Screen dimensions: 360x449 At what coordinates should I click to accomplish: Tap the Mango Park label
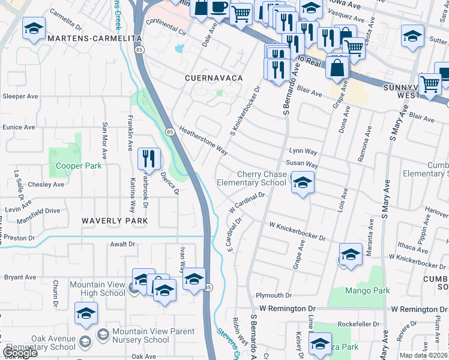(x=367, y=290)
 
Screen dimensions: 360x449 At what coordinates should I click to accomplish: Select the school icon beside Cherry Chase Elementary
(x=303, y=182)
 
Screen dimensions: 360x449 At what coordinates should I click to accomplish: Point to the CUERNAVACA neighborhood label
(x=214, y=79)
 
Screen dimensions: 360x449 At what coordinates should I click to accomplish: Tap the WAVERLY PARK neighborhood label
(x=115, y=221)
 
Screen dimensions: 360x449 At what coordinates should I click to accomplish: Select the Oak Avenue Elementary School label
(x=38, y=343)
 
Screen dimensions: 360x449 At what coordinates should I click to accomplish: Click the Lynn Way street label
(x=303, y=152)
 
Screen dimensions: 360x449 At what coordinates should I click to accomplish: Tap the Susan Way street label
(x=301, y=164)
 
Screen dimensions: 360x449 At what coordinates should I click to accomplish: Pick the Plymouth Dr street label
(x=273, y=295)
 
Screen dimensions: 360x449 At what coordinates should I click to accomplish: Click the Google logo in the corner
(x=19, y=353)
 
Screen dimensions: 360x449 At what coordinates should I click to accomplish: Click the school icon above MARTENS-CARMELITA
(x=34, y=28)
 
